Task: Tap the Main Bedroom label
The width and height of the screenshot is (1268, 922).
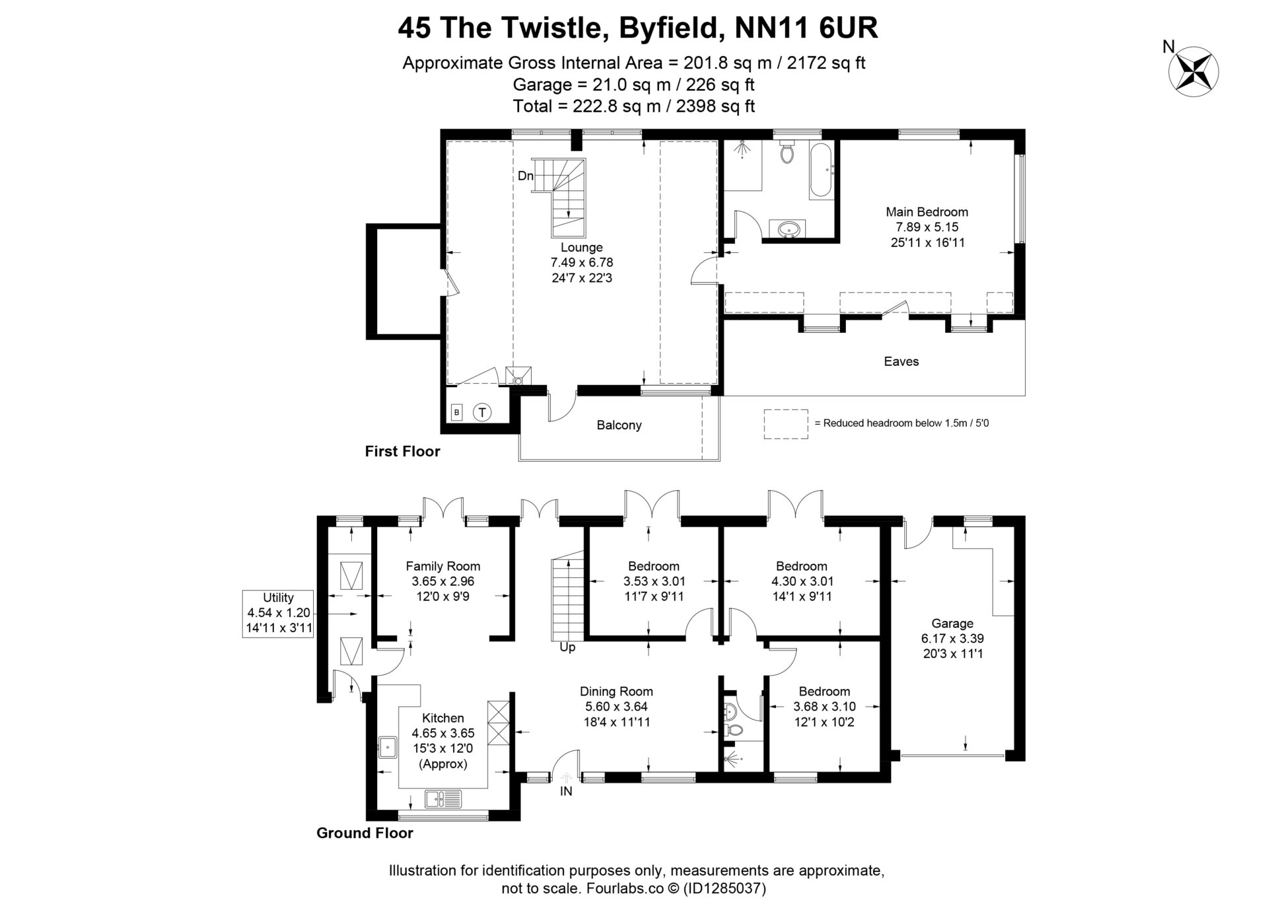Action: coord(927,212)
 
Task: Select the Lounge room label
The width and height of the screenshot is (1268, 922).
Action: coord(581,248)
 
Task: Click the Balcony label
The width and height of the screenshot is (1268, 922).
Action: coord(619,425)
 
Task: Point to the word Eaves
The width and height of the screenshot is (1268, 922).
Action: coord(901,361)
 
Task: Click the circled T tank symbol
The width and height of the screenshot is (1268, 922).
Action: coord(482,413)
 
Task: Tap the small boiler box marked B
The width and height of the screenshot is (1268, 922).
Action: coord(456,413)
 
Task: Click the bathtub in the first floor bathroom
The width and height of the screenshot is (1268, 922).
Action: coord(822,169)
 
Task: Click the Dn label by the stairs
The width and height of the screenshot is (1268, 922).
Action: coord(526,176)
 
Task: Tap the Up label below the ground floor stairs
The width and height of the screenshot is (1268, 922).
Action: coord(567,647)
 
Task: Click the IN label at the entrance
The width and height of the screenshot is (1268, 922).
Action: coord(566,791)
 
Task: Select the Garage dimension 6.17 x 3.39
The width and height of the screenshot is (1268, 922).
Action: coord(952,639)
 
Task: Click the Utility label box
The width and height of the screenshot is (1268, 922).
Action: coord(278,613)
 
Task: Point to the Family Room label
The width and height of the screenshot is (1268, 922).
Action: coord(442,566)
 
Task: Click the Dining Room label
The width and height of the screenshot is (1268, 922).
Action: coord(616,691)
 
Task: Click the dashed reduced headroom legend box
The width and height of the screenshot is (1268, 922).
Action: coord(785,423)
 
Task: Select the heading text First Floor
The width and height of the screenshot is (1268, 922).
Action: coord(402,452)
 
